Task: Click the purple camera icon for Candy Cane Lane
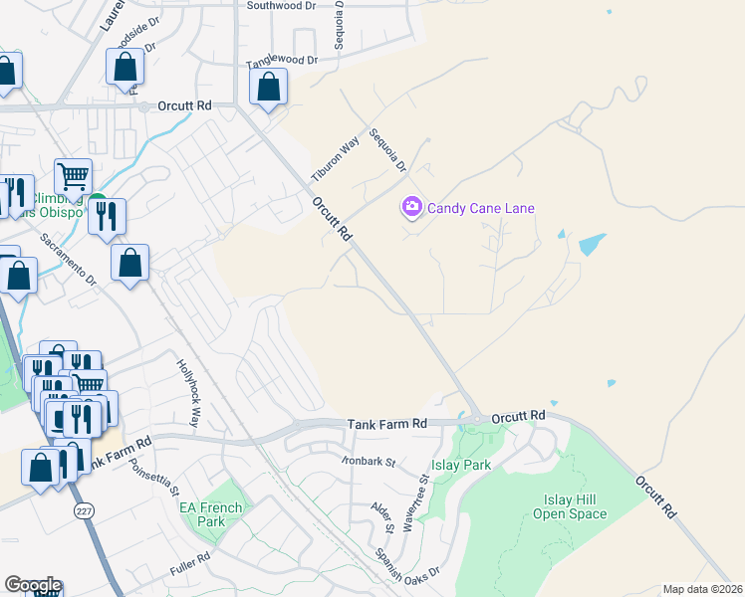[x=411, y=207]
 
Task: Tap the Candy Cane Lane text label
[x=481, y=208]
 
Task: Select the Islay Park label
[x=461, y=465]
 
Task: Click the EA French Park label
[x=210, y=513]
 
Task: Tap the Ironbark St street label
[x=369, y=462]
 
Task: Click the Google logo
[x=33, y=585]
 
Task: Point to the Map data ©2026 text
[x=703, y=589]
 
